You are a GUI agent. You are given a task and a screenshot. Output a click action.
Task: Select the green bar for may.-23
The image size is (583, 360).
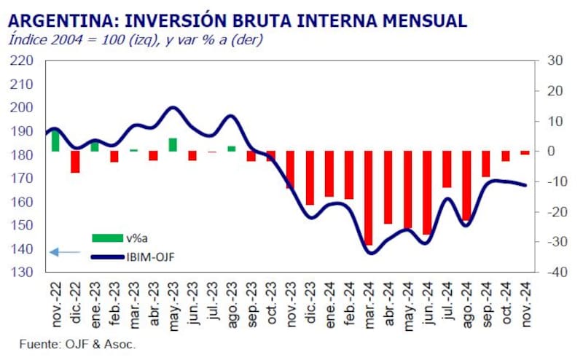click(173, 144)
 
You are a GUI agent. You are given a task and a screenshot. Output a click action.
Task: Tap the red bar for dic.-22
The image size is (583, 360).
click(75, 162)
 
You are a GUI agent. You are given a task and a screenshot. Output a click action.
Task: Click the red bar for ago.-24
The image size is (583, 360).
click(466, 185)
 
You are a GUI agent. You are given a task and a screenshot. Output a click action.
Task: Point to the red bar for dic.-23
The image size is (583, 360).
click(310, 178)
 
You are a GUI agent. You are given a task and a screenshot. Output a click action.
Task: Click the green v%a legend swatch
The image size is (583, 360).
click(108, 238)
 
